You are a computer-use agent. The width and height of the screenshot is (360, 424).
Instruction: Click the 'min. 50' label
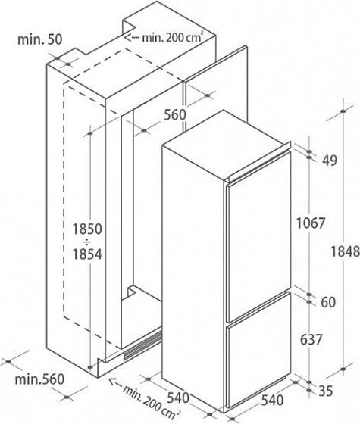click(39, 39)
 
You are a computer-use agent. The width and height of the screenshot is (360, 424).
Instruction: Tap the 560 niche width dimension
click(175, 114)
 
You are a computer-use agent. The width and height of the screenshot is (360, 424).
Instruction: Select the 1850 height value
click(87, 229)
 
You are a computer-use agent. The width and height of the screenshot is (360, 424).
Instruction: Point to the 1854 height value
click(87, 254)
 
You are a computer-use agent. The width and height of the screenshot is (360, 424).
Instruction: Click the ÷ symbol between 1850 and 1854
click(87, 242)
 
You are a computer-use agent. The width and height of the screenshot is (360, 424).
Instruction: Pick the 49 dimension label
click(330, 161)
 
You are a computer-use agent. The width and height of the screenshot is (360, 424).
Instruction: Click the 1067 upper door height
click(311, 223)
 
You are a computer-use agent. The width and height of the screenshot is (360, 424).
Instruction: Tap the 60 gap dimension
click(328, 302)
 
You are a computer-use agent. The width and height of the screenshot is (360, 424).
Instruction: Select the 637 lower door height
click(311, 340)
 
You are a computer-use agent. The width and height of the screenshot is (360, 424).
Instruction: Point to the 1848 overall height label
click(345, 251)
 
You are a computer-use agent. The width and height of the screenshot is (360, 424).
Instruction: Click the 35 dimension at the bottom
click(325, 391)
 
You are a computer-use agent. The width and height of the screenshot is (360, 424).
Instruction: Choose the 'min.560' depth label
click(39, 379)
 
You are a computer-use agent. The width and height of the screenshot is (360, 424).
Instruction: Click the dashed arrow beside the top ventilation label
click(132, 37)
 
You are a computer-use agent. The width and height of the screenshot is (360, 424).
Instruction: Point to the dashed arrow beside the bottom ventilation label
click(115, 382)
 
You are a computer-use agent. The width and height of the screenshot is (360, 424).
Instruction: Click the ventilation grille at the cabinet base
click(142, 345)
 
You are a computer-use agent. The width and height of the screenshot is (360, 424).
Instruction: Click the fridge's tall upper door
click(258, 236)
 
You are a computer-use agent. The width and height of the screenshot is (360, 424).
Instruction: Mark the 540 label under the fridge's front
click(272, 401)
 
